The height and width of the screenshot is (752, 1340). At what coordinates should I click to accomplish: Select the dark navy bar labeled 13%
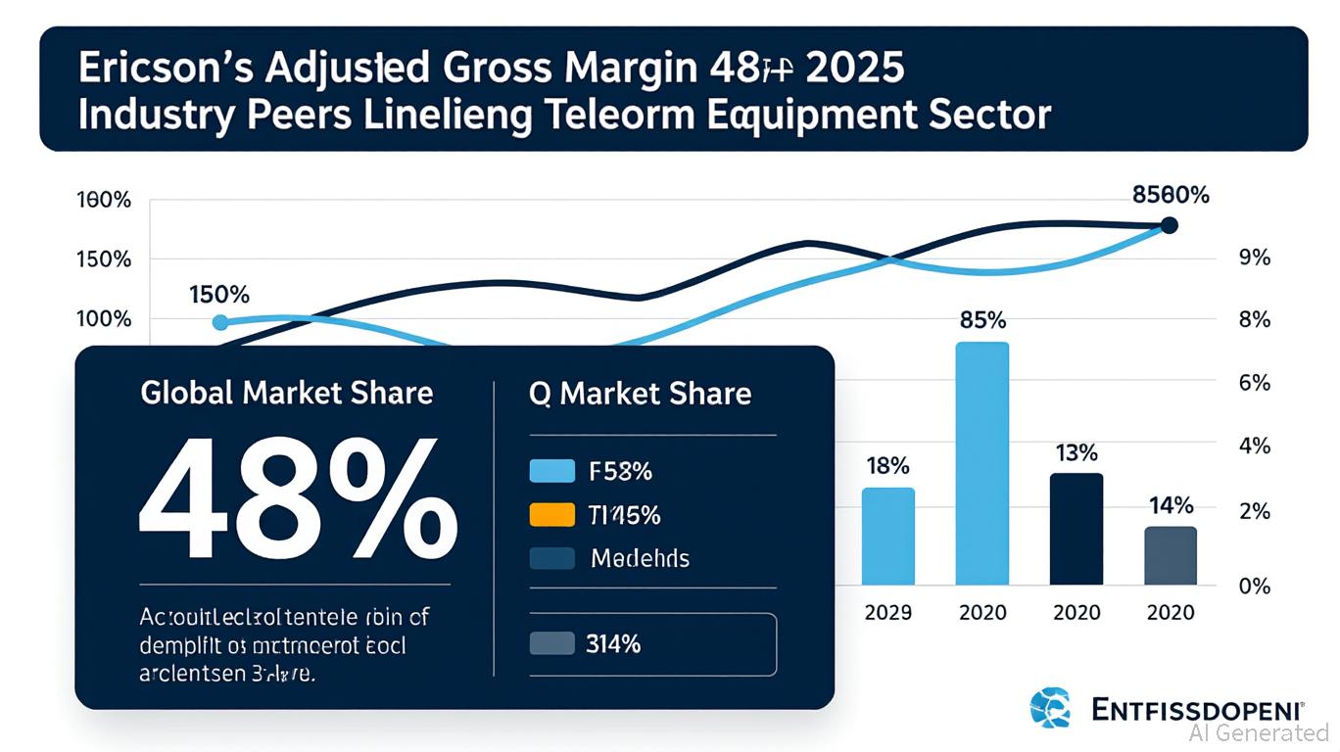1077,529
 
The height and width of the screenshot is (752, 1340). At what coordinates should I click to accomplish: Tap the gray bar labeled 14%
1171,555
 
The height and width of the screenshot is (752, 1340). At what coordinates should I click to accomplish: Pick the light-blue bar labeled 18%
887,537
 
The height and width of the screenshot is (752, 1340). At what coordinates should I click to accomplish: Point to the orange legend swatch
551,515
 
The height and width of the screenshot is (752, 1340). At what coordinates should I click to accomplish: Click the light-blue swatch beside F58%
551,471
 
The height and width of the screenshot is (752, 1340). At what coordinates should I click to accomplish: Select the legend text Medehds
640,559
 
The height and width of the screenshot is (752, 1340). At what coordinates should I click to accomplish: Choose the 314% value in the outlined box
613,643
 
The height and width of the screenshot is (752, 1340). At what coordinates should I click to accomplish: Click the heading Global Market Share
286,394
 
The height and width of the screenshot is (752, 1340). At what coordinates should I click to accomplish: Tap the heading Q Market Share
640,394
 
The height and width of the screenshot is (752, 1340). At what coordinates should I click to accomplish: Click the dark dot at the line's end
1168,226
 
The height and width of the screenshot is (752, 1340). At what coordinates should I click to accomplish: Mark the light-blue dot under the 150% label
219,323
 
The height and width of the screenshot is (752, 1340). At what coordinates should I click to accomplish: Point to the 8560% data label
1171,195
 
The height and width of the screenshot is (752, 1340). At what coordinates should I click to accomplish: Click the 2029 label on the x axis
887,612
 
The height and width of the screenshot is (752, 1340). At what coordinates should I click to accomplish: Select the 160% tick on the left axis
103,201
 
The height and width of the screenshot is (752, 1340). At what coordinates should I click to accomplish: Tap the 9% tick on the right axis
1254,258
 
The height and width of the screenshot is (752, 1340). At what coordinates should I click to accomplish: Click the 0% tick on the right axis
1254,587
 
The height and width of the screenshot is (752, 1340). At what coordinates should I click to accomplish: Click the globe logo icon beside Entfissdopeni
1053,707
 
